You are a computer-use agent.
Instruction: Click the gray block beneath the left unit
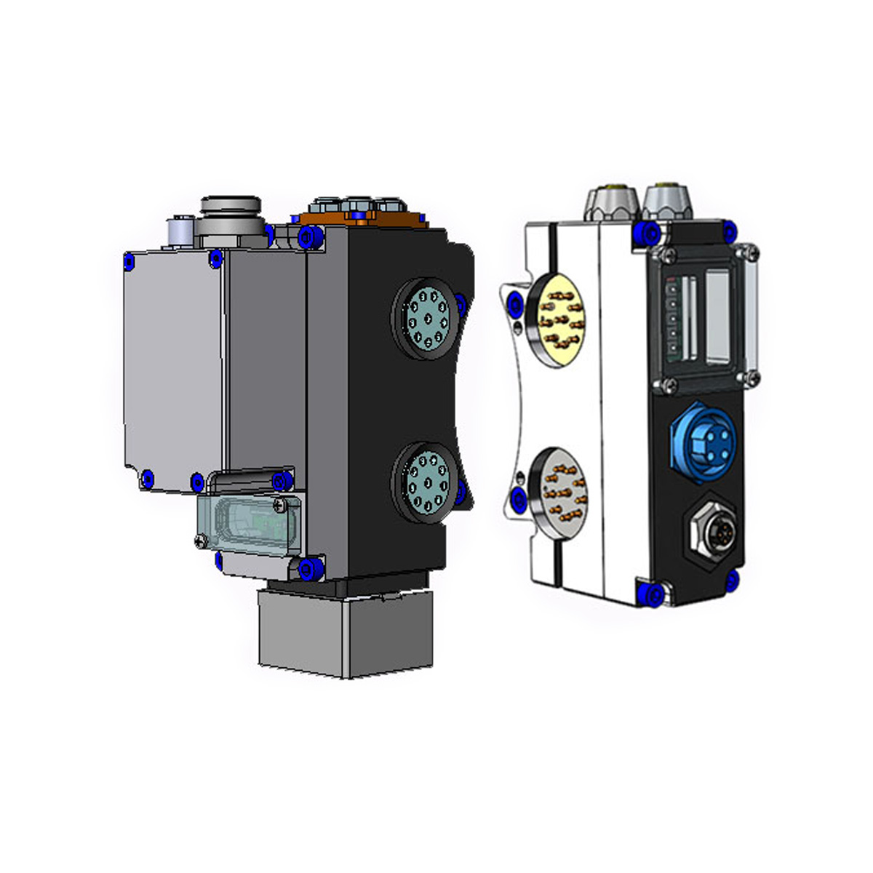tap(346, 633)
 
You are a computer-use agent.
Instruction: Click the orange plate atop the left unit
tap(364, 218)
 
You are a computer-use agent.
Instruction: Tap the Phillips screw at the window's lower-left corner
tap(202, 540)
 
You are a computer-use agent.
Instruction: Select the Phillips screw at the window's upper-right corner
tap(280, 503)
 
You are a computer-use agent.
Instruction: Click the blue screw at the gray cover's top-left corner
tap(130, 260)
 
